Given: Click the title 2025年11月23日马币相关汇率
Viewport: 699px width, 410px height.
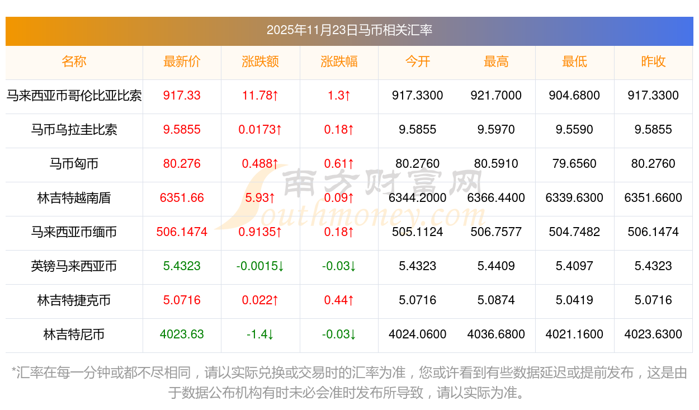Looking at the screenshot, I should click(349, 30).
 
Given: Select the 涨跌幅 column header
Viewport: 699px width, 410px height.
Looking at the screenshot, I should click(339, 62).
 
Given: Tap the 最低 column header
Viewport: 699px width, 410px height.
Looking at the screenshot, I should click(574, 62).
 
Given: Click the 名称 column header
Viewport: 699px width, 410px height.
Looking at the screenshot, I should click(74, 62).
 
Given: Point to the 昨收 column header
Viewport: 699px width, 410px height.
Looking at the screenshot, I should click(653, 62).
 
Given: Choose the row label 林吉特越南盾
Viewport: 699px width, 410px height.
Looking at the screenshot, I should click(74, 197).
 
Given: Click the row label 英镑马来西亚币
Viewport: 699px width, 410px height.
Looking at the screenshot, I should click(74, 266).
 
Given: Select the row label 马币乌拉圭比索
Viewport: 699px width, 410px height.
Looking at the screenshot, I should click(74, 130).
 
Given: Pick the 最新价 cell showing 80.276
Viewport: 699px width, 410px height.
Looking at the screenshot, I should click(182, 164).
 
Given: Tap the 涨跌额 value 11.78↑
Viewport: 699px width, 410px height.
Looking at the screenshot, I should click(260, 96).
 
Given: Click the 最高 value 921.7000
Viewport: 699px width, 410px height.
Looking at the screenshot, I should click(496, 96).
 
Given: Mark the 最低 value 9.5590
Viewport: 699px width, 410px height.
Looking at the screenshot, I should click(574, 130).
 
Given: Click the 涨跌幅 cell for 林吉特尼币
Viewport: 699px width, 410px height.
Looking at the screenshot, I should click(339, 334).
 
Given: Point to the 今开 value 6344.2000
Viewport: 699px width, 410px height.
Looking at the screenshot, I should click(417, 197).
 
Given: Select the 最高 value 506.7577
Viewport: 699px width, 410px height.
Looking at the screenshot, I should click(496, 232).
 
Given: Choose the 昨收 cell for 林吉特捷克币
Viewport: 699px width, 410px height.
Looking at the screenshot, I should click(653, 300).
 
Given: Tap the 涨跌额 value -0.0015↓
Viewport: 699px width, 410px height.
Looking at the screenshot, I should click(260, 266).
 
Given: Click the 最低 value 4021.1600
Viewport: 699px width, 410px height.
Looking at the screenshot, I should click(574, 334).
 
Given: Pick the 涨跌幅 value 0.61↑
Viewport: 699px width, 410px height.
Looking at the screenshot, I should click(339, 164).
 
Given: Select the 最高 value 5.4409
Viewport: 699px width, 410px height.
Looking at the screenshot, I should click(496, 266).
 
